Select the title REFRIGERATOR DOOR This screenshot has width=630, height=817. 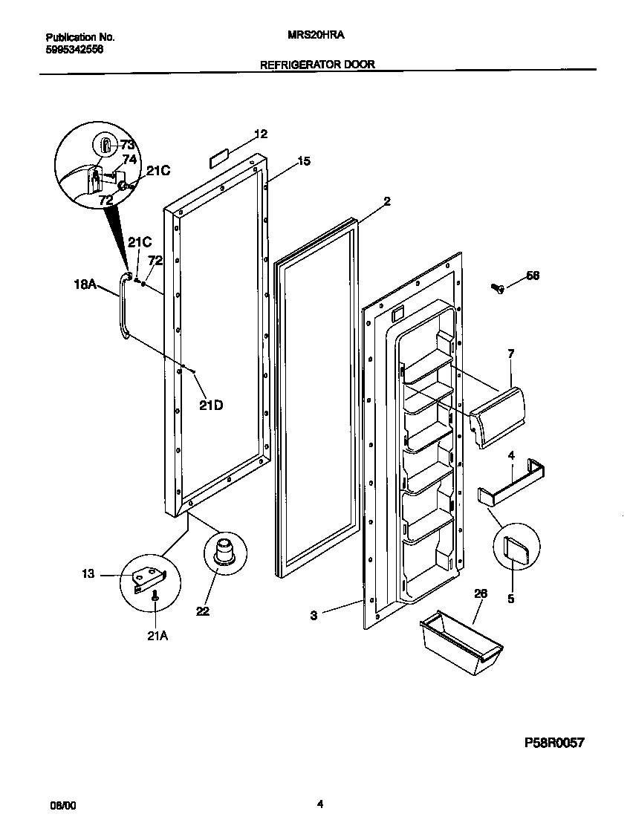click(317, 65)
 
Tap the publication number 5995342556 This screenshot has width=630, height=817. click(74, 48)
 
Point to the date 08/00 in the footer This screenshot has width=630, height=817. click(62, 804)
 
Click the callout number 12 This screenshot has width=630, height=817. click(261, 134)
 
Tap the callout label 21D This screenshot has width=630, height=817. click(211, 405)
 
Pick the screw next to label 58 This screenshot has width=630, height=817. click(498, 288)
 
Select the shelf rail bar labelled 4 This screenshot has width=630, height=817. click(513, 487)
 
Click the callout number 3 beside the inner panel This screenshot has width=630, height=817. click(314, 615)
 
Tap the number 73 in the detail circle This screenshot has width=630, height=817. click(128, 145)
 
